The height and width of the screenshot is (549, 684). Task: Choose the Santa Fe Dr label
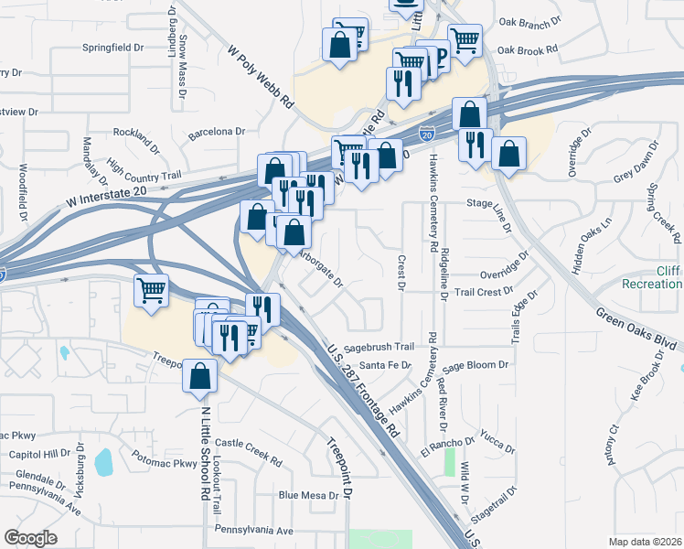point(385,365)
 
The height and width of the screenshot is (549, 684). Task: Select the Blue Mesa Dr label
point(308,495)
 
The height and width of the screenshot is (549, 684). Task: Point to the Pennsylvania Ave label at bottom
point(253,530)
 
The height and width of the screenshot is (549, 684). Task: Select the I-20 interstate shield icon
point(427,134)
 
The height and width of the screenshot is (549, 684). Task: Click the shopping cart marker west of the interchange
point(152,291)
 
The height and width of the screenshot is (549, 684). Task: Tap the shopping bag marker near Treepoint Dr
point(199,376)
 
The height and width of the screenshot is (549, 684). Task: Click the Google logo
point(30,538)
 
